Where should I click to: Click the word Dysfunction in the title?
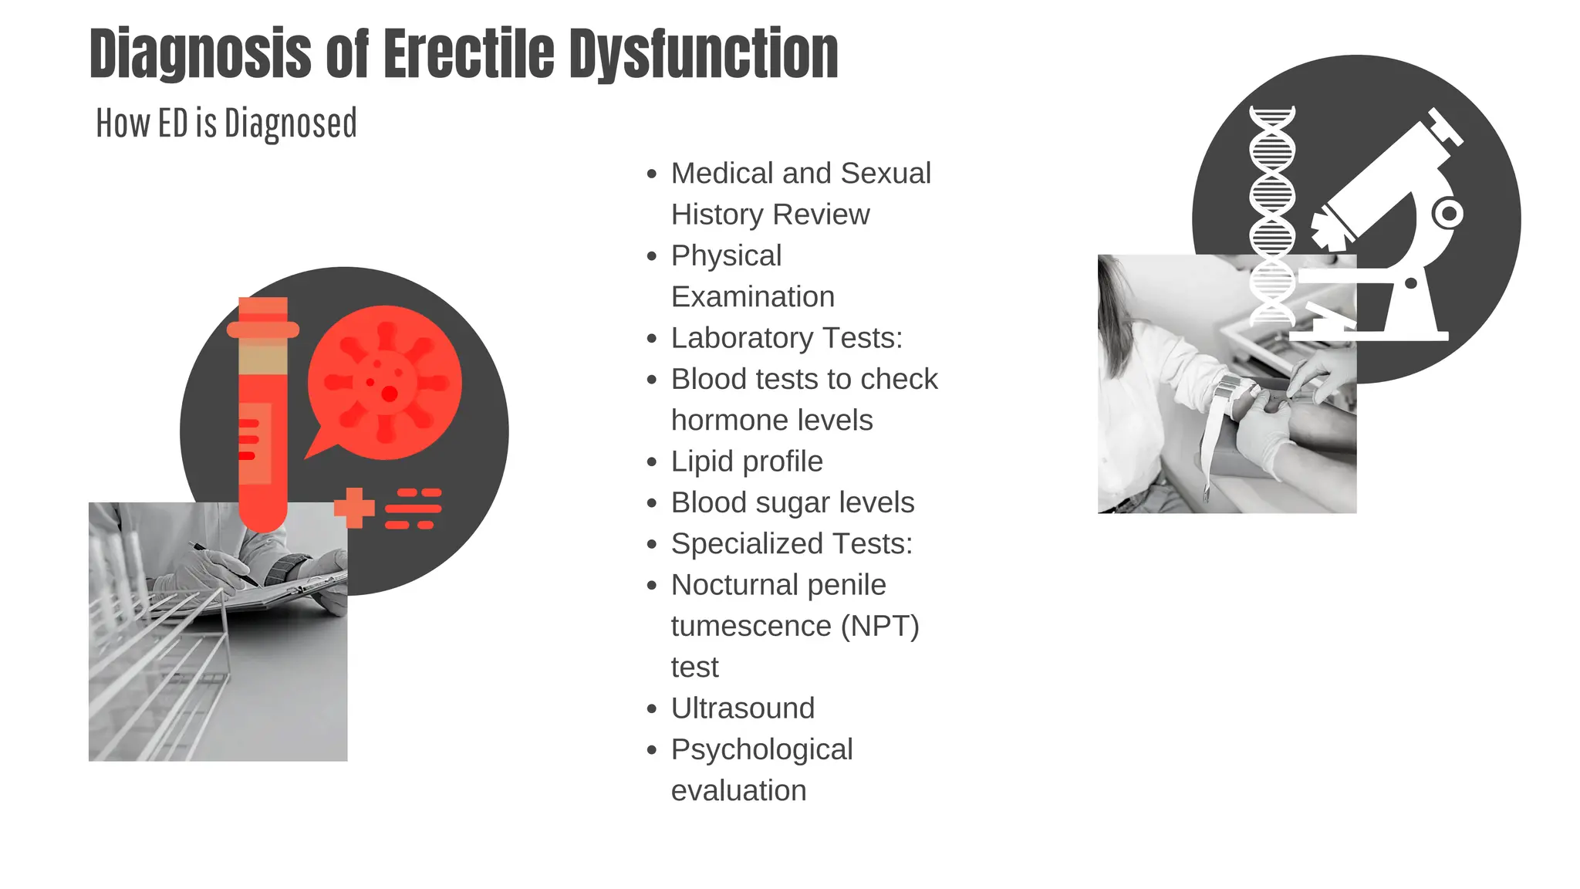click(x=704, y=54)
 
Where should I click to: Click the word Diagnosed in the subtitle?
click(x=291, y=123)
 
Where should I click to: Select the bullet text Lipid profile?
click(x=747, y=461)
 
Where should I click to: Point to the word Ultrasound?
click(x=742, y=708)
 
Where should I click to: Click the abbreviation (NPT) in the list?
click(x=879, y=626)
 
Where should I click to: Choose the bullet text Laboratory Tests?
click(x=786, y=338)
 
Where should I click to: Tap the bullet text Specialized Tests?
click(x=792, y=544)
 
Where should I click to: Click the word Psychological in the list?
click(x=761, y=749)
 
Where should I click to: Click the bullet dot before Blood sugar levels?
click(x=653, y=504)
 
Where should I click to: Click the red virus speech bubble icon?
click(x=384, y=383)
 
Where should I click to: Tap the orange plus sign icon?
click(x=354, y=508)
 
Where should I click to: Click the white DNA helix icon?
click(x=1271, y=216)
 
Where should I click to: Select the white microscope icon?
click(x=1381, y=232)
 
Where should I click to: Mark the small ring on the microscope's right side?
click(x=1448, y=213)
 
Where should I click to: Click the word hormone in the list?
click(x=719, y=421)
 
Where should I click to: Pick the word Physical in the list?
click(x=726, y=255)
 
